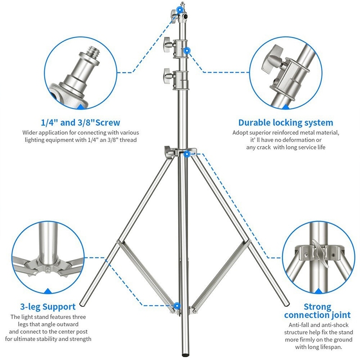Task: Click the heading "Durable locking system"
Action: [x=286, y=122]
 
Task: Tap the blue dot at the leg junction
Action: [x=187, y=154]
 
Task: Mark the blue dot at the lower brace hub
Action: [x=178, y=306]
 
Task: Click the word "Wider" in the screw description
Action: [x=31, y=132]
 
